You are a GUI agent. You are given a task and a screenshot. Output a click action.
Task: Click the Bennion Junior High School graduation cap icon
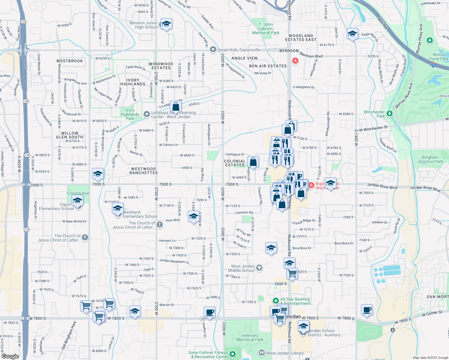click(x=166, y=24)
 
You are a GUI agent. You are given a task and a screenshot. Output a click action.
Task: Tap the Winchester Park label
click(x=374, y=114)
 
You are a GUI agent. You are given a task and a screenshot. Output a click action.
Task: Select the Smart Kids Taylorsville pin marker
click(x=213, y=49)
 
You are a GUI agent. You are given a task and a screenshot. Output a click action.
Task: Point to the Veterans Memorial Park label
click(x=250, y=337)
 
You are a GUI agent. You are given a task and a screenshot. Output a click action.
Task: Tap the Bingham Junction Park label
click(x=430, y=159)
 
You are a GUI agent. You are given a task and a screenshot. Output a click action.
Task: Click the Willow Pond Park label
click(x=438, y=57)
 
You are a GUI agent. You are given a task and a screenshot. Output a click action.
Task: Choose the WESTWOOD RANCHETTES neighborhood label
click(x=143, y=171)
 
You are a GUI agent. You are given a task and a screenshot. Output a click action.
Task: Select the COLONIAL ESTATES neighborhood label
click(x=235, y=163)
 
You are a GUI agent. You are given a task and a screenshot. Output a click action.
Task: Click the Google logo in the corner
click(x=10, y=356)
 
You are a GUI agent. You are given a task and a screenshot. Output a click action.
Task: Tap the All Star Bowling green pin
click(x=276, y=300)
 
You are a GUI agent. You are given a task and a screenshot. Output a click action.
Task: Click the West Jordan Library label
click(x=285, y=353)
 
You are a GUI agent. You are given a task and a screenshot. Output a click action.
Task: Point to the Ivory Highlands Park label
click(x=130, y=114)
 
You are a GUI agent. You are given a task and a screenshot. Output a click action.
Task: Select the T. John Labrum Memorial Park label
click(x=266, y=28)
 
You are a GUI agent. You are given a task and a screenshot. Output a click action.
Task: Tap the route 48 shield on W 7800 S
click(x=203, y=319)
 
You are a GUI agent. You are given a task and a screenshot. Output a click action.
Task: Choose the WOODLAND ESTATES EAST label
click(x=301, y=37)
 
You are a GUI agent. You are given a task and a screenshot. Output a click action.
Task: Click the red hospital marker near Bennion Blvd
click(x=295, y=61)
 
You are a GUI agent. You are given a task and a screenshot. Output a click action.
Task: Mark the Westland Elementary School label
click(x=140, y=214)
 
